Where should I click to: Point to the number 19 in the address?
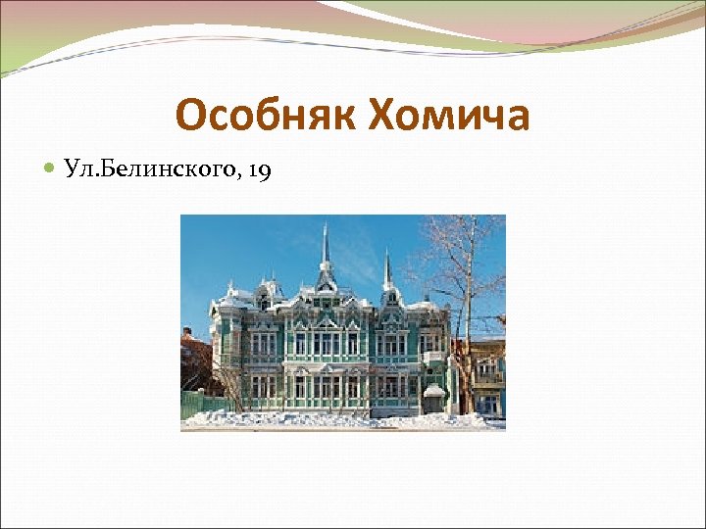click(x=260, y=171)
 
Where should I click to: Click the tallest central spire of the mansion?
click(x=325, y=250)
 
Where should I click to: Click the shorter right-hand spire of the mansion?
click(x=387, y=269)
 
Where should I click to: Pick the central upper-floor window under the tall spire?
click(x=325, y=343)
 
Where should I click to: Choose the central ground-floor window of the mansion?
click(x=325, y=386)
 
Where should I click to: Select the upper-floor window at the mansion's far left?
click(x=225, y=344)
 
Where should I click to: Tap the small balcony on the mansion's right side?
click(x=431, y=359)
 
